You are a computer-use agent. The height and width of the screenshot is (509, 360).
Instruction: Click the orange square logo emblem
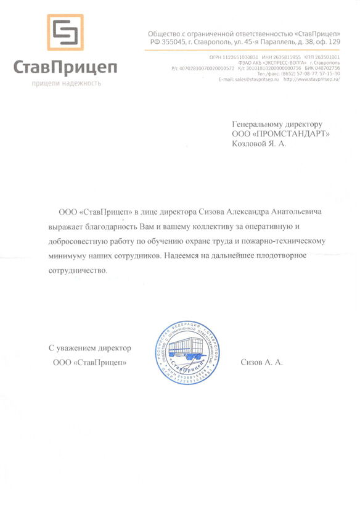(65, 32)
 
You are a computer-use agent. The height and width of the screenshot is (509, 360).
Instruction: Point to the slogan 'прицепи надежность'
(66, 83)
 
